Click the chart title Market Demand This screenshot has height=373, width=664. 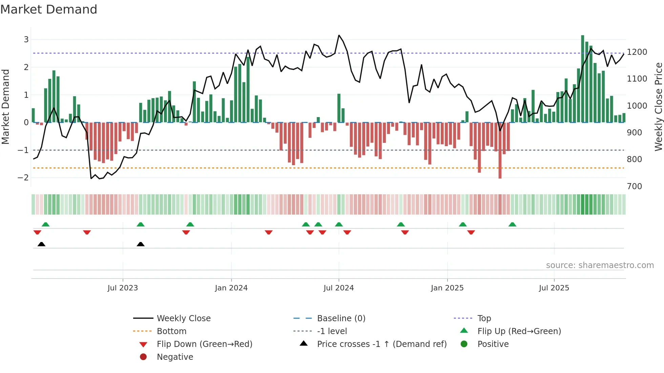click(x=49, y=9)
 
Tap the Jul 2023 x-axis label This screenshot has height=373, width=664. click(x=123, y=288)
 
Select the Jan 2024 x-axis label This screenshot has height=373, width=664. click(x=231, y=288)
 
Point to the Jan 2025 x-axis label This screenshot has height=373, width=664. click(x=447, y=288)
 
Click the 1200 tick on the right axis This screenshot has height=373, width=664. click(x=637, y=52)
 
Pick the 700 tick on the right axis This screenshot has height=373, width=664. click(x=634, y=186)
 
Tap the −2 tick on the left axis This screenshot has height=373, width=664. click(x=23, y=178)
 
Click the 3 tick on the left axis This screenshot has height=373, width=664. click(x=26, y=40)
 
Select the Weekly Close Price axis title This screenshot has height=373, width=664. click(x=658, y=107)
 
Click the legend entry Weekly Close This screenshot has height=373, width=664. click(x=183, y=319)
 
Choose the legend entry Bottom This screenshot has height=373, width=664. click(x=171, y=331)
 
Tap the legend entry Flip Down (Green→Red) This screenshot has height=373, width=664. click(x=204, y=344)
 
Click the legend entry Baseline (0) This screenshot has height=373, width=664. click(x=341, y=319)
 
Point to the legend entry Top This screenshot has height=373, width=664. click(x=484, y=319)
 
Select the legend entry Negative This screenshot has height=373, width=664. click(x=175, y=357)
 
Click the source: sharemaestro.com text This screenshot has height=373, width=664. click(x=600, y=265)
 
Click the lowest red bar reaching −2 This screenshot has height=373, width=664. click(x=500, y=151)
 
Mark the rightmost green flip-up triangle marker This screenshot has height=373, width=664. click(x=512, y=224)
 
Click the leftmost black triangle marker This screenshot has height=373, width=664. click(x=41, y=244)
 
